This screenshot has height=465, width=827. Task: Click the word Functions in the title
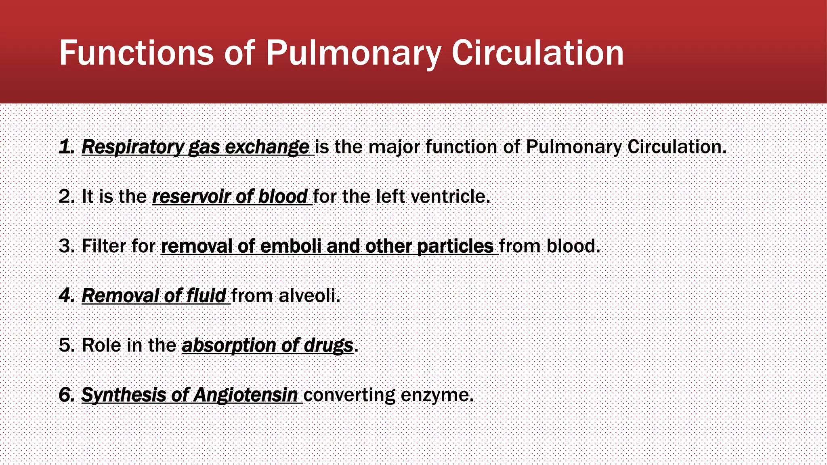click(x=136, y=53)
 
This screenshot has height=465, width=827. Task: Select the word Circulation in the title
click(x=537, y=53)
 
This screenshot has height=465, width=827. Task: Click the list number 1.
click(x=66, y=147)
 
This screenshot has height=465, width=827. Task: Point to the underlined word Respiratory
click(x=133, y=147)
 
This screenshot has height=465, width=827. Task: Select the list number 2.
click(x=66, y=197)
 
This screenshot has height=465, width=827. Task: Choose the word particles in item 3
click(x=455, y=246)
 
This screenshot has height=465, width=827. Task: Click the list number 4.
click(x=66, y=296)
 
